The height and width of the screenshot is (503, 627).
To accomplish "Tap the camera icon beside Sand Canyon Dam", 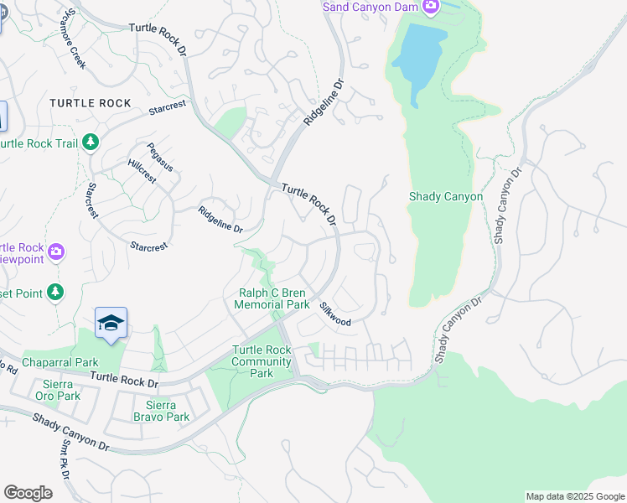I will (x=431, y=8).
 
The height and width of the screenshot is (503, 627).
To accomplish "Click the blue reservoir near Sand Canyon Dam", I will (x=419, y=59).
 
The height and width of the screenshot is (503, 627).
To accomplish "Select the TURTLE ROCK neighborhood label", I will (x=91, y=103).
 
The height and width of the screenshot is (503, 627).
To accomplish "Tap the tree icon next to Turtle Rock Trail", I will (x=91, y=143).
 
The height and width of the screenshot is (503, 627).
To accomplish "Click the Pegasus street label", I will (x=159, y=157).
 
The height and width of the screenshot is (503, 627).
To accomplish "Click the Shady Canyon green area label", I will (x=445, y=197).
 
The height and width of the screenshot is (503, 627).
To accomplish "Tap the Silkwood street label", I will (x=334, y=314).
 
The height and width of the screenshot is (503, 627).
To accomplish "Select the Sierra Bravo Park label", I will (x=160, y=410).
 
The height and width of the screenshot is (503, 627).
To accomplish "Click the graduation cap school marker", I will (x=111, y=324).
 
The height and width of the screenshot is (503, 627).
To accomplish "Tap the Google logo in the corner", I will (x=28, y=493).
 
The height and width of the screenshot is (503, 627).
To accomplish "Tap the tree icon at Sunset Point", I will (x=55, y=293).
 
